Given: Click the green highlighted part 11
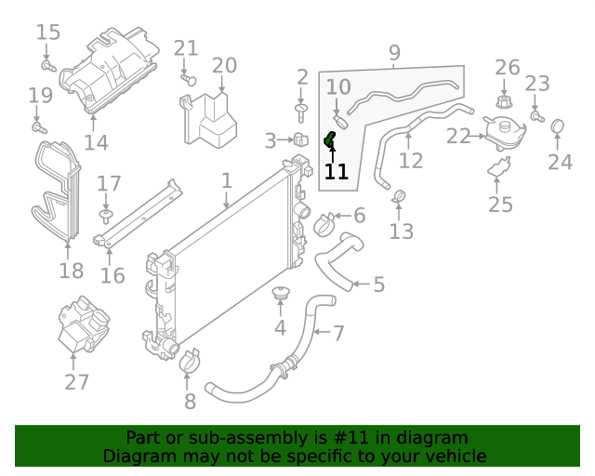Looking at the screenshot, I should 329,139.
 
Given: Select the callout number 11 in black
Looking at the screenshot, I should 336,171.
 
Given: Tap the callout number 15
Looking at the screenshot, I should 48,33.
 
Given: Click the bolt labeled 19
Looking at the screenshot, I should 38,125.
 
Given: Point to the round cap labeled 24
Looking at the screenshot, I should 559,126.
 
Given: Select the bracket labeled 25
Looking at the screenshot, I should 499,169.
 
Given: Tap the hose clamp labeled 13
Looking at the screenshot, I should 401,196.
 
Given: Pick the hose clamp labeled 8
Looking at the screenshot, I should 190,361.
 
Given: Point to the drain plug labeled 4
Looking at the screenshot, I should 279,296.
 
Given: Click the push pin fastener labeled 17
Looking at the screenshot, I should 107,218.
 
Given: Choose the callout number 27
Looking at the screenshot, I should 76,381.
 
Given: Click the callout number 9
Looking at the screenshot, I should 394,53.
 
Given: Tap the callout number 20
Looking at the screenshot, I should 224,65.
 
